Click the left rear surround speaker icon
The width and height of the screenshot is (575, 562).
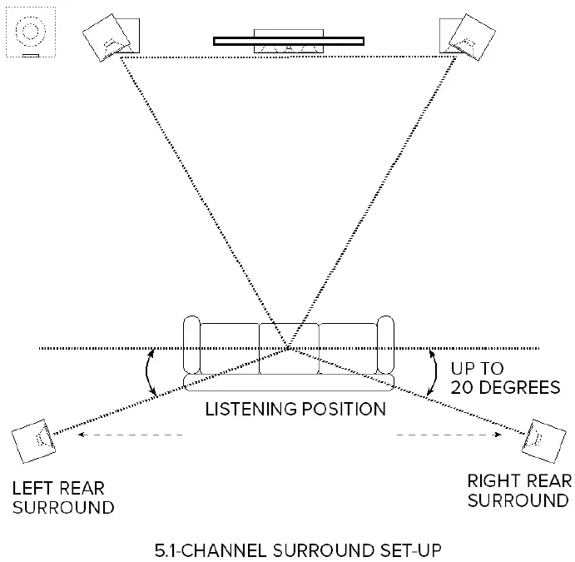point(32,442)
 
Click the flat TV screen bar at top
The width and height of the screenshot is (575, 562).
point(288,39)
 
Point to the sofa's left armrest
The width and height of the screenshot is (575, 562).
point(191,345)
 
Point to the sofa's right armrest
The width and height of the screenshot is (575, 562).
point(384,345)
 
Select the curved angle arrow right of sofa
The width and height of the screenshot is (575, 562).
point(432,371)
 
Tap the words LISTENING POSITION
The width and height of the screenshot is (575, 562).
point(295,409)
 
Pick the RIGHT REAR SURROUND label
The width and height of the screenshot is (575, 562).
point(518,490)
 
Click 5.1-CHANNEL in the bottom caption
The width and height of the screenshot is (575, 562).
point(205,550)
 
